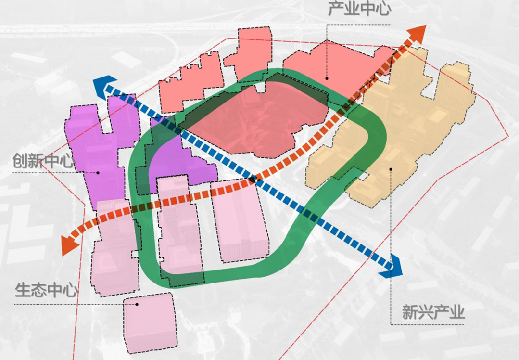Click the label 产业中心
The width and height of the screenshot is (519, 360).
pyautogui.click(x=359, y=10)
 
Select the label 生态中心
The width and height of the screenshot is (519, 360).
pyautogui.click(x=47, y=291)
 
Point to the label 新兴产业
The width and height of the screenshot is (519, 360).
pyautogui.click(x=433, y=313)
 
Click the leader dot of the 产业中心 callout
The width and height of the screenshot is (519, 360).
pyautogui.click(x=327, y=77)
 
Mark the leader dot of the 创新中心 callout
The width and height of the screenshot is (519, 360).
pyautogui.click(x=98, y=172)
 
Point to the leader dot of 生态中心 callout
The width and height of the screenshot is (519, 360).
pyautogui.click(x=137, y=304)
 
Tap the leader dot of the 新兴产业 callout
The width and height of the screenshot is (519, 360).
pyautogui.click(x=391, y=169)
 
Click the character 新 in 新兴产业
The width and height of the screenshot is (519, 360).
pyautogui.click(x=410, y=313)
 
